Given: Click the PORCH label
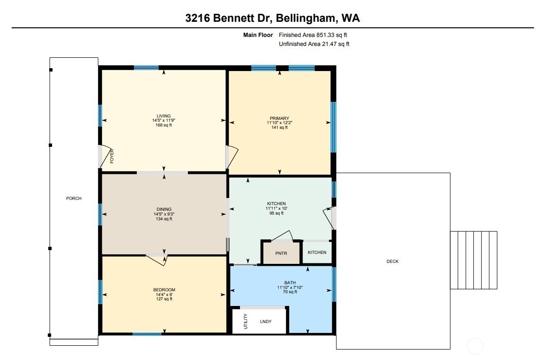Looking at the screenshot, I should click(74, 198).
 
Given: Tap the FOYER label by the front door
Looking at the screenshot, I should click(112, 156).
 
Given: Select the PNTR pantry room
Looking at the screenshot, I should click(282, 253).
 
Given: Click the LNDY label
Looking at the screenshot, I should click(266, 322).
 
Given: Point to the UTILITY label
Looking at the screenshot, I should click(245, 322).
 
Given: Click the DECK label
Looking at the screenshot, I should click(392, 261).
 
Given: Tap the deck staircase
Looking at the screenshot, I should click(473, 260).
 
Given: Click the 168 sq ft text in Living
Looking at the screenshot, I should click(164, 126).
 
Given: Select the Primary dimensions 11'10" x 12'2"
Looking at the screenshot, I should click(279, 123).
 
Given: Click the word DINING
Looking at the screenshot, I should click(164, 209).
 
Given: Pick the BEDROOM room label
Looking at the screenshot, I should click(164, 290).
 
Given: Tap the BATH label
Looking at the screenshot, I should click(290, 283).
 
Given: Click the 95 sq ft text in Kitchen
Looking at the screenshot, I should click(276, 213).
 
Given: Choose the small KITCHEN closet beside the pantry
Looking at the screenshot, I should click(317, 252).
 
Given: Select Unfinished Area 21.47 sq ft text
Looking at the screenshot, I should click(314, 44).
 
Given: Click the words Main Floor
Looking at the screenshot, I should click(258, 35).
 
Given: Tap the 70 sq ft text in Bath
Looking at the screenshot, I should click(290, 292).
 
